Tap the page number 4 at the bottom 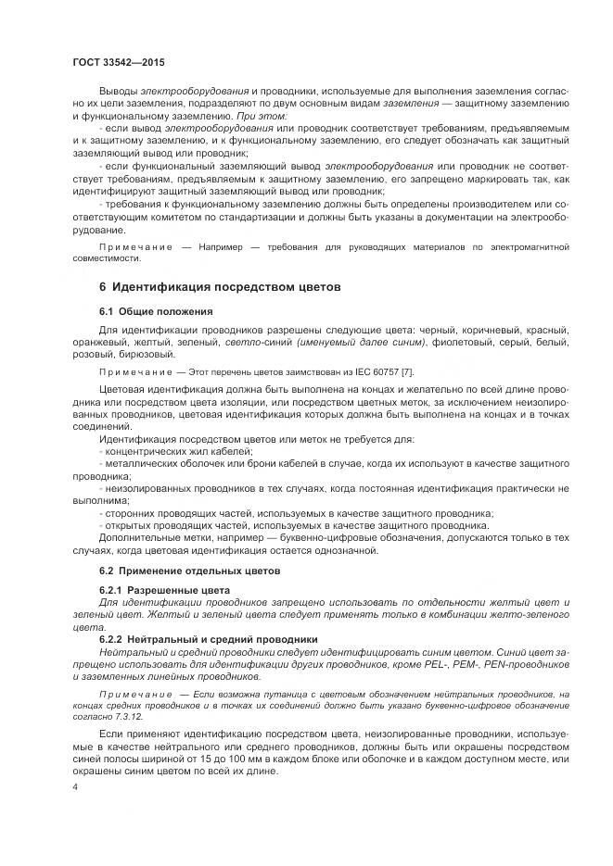[74, 785]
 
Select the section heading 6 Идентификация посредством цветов [220, 287]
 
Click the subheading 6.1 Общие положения [156, 311]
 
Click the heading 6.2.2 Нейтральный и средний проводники [208, 639]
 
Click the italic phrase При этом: [236, 117]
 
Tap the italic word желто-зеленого [524, 614]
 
